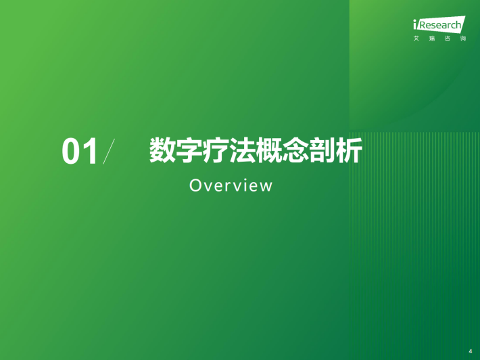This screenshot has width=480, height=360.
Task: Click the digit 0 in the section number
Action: pos(71,151)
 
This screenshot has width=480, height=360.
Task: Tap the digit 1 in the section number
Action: pos(91,151)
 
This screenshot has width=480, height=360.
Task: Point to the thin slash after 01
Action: pos(109,151)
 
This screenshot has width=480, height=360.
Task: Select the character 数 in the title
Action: pos(162,150)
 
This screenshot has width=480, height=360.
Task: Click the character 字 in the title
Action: pos(189,150)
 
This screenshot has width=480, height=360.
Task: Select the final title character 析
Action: pos(349,150)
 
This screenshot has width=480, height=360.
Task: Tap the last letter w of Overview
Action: pos(266,187)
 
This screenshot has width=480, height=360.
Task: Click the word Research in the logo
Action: pos(439,25)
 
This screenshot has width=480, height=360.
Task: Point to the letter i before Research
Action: pos(415,24)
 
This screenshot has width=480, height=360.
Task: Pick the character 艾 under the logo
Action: pos(416,39)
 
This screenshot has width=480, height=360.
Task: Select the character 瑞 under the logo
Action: pos(432,39)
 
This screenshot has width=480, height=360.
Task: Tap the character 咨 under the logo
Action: pos(448,39)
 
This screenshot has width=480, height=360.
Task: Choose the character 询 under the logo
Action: pos(463,39)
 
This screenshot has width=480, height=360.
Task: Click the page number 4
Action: pos(471,351)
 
